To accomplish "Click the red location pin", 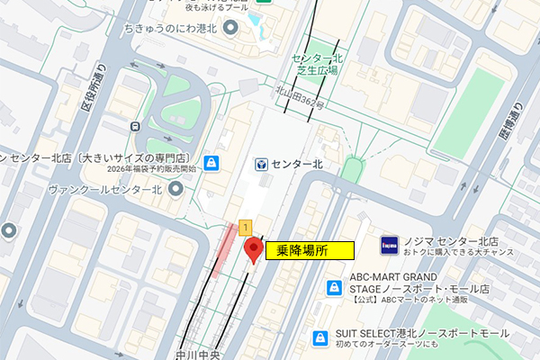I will (253, 249).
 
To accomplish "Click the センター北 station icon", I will (261, 165).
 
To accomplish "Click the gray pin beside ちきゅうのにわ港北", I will (230, 29).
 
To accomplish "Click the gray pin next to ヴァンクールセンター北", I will (176, 189).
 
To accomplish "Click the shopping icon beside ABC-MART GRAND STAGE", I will (334, 288).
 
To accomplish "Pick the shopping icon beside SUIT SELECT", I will (319, 337).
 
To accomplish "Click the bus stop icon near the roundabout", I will (134, 126).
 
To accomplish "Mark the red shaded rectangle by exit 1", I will (221, 251).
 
